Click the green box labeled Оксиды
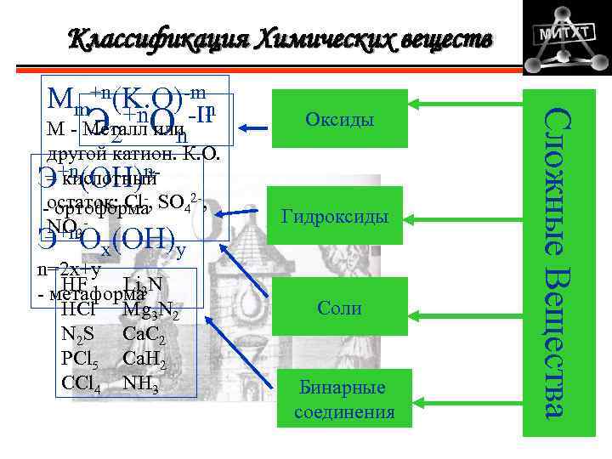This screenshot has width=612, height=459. click(x=338, y=120)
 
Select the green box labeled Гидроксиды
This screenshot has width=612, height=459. click(x=338, y=218)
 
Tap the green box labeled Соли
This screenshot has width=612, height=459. click(x=338, y=309)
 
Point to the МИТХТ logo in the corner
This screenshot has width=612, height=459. click(x=559, y=37)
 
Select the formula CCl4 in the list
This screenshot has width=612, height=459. click(x=82, y=383)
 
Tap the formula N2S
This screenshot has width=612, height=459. click(x=80, y=333)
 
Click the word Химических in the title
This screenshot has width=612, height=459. click(x=314, y=39)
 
